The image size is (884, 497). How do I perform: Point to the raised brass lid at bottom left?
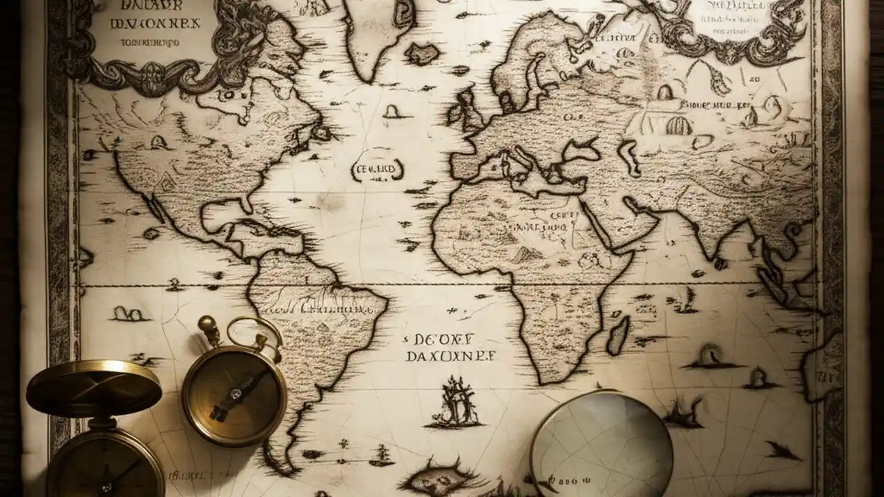click(94, 387)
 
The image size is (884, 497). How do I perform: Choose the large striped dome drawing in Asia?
click(678, 126)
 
